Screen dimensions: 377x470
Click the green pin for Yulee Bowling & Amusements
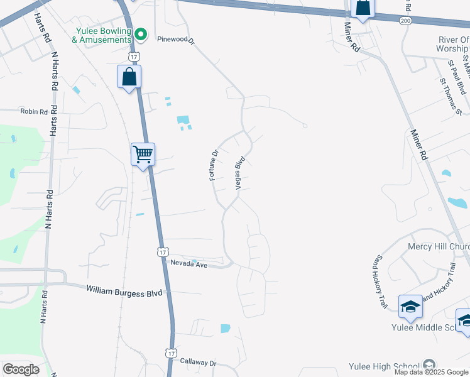click(141, 35)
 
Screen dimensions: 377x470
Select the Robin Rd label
click(34, 112)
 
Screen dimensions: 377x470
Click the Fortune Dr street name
click(214, 165)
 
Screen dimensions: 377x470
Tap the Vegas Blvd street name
click(239, 173)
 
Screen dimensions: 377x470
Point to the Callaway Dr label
click(198, 363)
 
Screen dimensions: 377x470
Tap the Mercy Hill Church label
click(439, 246)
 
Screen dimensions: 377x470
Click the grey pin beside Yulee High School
click(429, 365)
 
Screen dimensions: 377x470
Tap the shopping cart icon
click(143, 153)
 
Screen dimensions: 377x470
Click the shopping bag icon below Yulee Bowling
click(129, 77)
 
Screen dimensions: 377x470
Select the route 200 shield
click(406, 21)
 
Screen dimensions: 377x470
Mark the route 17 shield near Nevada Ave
click(162, 251)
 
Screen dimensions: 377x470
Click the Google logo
click(21, 369)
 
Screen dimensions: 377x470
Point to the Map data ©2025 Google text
click(431, 372)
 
